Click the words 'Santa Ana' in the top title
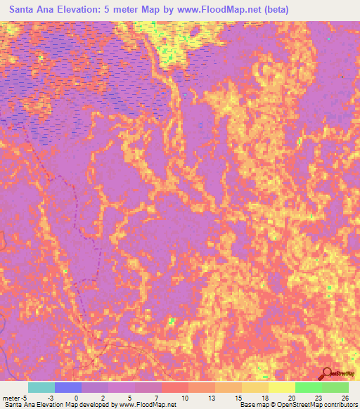34,10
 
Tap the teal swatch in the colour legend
41,387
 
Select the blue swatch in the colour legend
68,387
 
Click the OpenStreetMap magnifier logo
327,374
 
